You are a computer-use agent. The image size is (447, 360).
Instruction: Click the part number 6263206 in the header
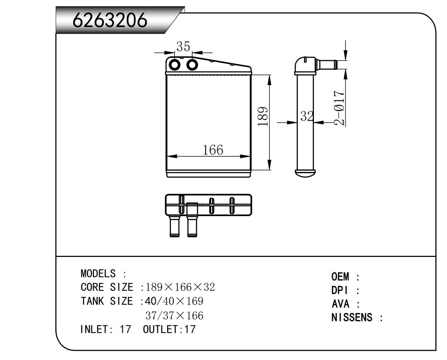(x=110, y=20)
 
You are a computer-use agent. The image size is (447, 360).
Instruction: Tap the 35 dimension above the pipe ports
(x=183, y=47)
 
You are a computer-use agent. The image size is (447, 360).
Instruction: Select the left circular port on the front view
(x=175, y=65)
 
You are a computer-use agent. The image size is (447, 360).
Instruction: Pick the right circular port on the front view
(x=192, y=65)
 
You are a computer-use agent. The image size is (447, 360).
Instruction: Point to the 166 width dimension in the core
(x=213, y=150)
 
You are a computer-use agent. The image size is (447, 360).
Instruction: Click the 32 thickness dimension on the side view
(x=307, y=116)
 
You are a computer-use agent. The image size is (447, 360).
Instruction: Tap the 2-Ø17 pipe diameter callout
(x=340, y=108)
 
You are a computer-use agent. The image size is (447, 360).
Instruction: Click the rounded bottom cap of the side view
(x=305, y=172)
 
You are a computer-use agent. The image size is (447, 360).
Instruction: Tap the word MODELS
(x=98, y=274)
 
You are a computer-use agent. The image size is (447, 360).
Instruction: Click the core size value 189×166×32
(x=180, y=287)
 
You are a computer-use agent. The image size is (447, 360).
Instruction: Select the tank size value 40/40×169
(x=174, y=301)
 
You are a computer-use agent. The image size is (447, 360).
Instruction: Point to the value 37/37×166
(x=174, y=316)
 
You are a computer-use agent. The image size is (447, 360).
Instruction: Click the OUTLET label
(x=160, y=329)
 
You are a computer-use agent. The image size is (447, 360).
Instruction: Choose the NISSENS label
(x=352, y=317)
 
